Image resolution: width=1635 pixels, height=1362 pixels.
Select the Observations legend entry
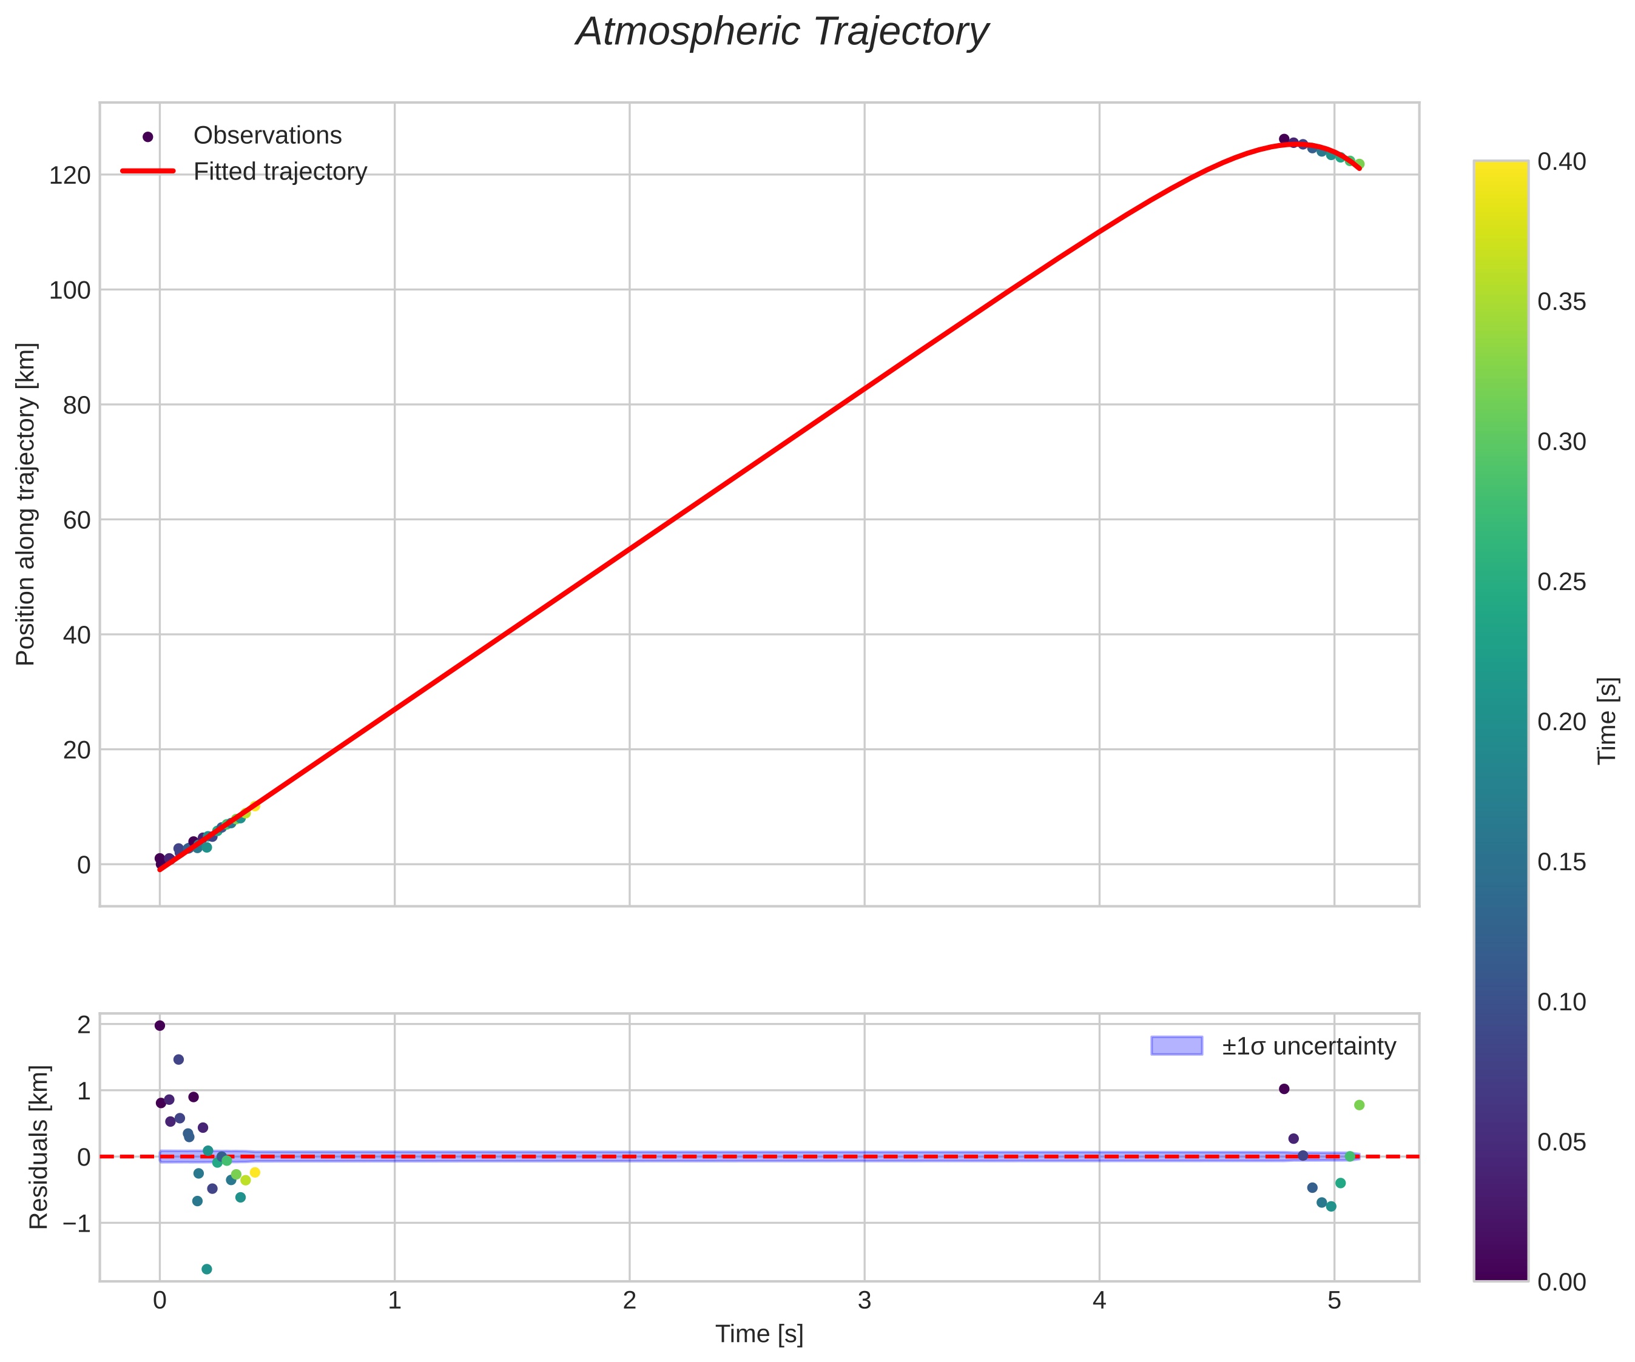tap(267, 135)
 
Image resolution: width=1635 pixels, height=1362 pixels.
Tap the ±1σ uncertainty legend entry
tap(1308, 1046)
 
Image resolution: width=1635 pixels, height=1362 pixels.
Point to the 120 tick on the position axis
tap(70, 175)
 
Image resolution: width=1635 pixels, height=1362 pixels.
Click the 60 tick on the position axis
tap(76, 520)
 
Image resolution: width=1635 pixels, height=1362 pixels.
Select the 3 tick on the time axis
tap(864, 1301)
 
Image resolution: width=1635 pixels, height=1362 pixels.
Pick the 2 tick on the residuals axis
tap(83, 1025)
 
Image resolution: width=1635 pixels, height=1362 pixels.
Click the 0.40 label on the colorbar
tap(1561, 161)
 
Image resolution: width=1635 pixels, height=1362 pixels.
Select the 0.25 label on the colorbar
tap(1561, 582)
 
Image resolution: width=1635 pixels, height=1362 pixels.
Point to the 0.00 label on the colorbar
tap(1561, 1282)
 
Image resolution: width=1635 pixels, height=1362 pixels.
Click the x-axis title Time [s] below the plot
tap(759, 1334)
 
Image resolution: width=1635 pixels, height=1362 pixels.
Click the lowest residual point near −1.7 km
tap(206, 1269)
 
